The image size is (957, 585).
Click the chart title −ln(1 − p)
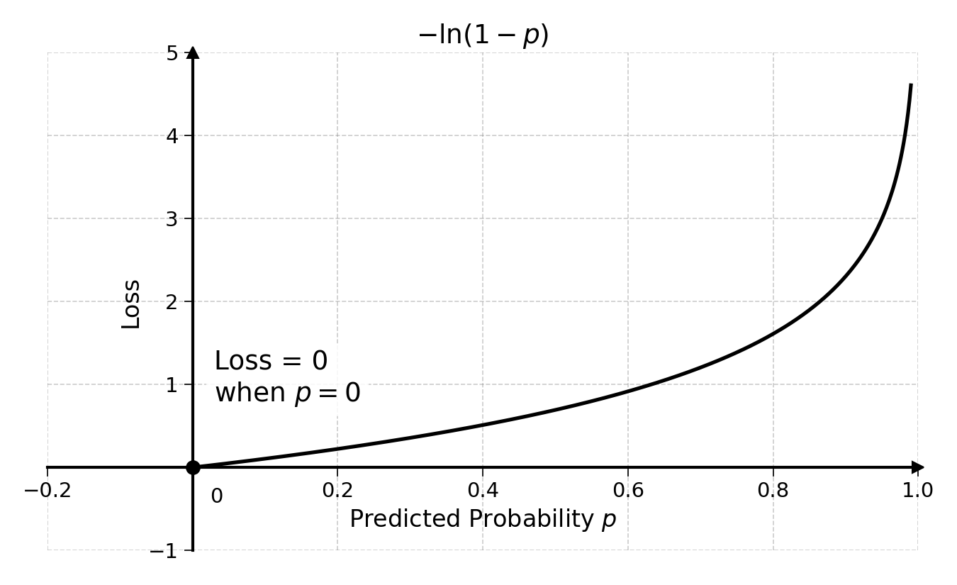click(x=483, y=35)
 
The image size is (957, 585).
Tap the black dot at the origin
click(x=193, y=467)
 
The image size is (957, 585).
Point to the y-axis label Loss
click(x=130, y=304)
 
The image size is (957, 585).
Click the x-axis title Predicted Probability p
click(x=483, y=519)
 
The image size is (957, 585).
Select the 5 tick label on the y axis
click(x=172, y=54)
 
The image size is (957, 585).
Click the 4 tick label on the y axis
click(x=172, y=136)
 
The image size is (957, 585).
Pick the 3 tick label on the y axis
click(x=172, y=219)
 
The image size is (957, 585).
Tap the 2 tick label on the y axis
click(x=172, y=303)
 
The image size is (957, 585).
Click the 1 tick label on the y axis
click(x=172, y=386)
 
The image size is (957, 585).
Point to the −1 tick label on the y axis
click(x=163, y=551)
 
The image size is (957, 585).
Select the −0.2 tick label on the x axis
click(x=47, y=490)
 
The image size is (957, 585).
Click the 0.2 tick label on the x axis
click(x=337, y=490)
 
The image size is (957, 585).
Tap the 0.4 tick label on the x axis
click(x=483, y=490)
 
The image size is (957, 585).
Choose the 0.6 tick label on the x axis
click(x=628, y=490)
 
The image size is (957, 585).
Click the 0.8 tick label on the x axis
click(x=773, y=490)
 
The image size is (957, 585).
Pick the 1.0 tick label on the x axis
click(x=918, y=490)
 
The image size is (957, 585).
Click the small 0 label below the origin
click(x=217, y=496)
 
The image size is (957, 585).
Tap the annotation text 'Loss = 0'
click(x=271, y=361)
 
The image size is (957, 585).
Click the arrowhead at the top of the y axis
click(x=193, y=52)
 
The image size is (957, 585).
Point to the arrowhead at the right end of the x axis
click(x=918, y=467)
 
